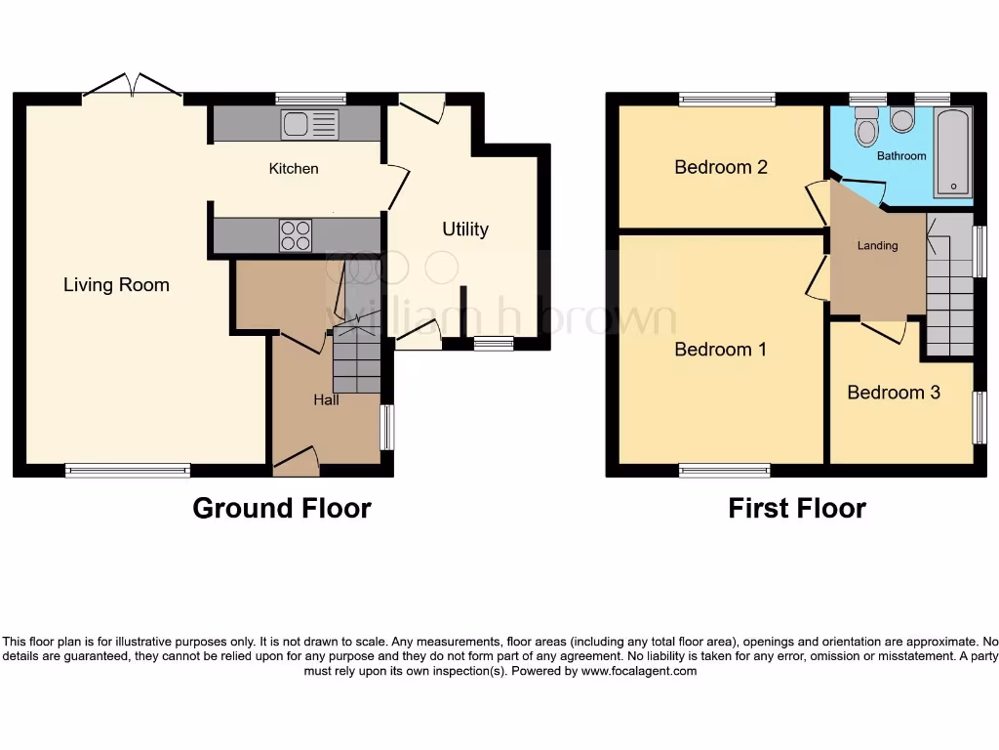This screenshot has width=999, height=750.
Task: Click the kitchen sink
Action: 309,124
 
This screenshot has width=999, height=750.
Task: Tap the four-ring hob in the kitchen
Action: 297,235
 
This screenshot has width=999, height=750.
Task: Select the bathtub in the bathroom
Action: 952,152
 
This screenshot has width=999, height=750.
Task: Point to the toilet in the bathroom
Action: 865,127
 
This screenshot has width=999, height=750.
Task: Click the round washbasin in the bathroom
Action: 902,120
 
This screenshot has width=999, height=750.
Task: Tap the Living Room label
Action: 116,285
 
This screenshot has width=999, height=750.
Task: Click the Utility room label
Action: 465,229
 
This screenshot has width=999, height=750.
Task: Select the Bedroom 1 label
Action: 720,349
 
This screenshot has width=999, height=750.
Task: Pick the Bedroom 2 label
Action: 721,167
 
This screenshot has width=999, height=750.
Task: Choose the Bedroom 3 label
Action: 894,393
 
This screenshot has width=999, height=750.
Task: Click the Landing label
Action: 877,246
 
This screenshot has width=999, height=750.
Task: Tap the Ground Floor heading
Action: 282,509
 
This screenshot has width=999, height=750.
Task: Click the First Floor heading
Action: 797,509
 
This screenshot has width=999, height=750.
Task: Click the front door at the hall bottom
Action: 297,460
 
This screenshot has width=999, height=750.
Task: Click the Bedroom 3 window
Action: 979,417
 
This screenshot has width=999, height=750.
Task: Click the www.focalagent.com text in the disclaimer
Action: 639,671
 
